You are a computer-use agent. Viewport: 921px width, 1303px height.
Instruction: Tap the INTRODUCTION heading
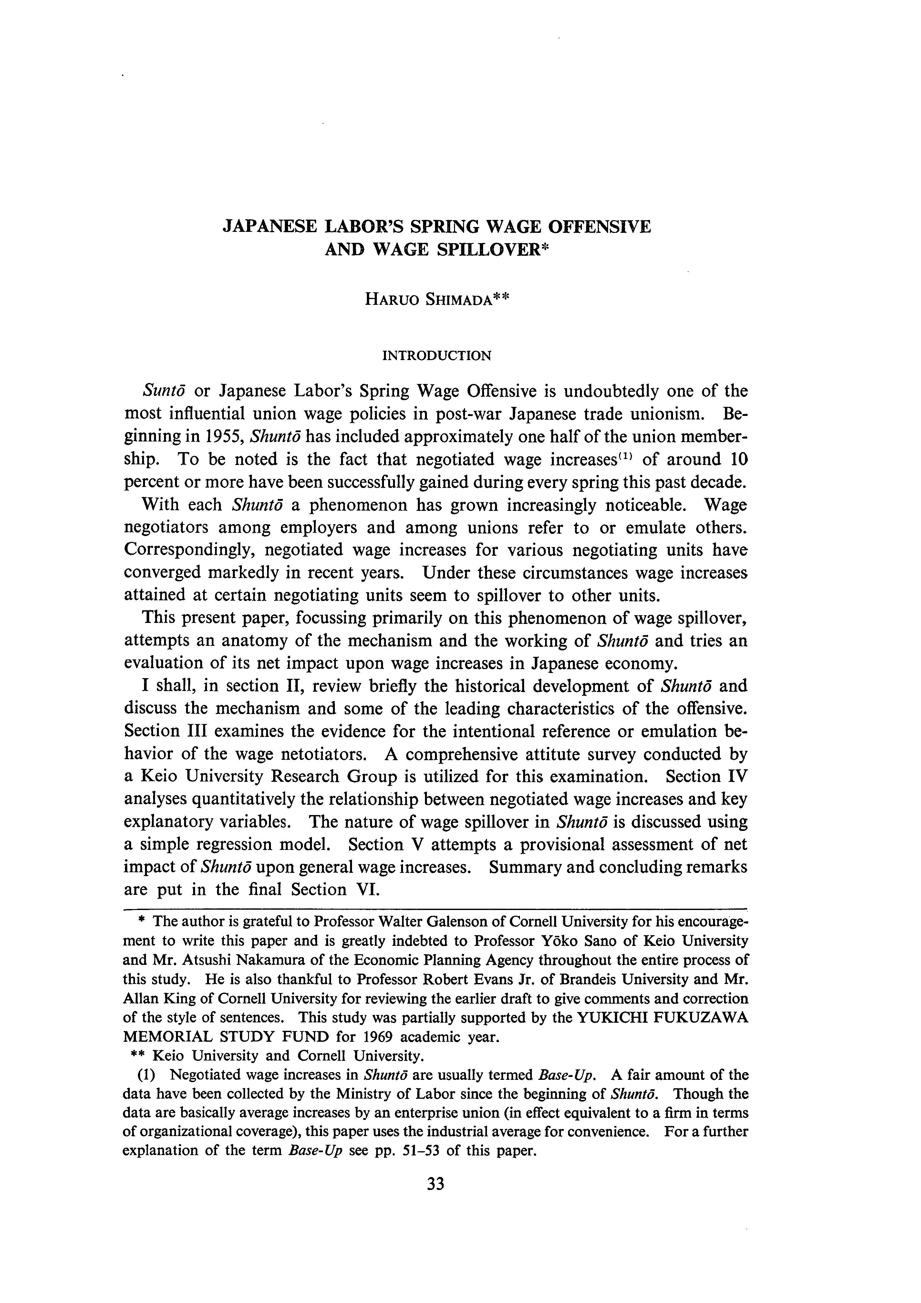tap(437, 356)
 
